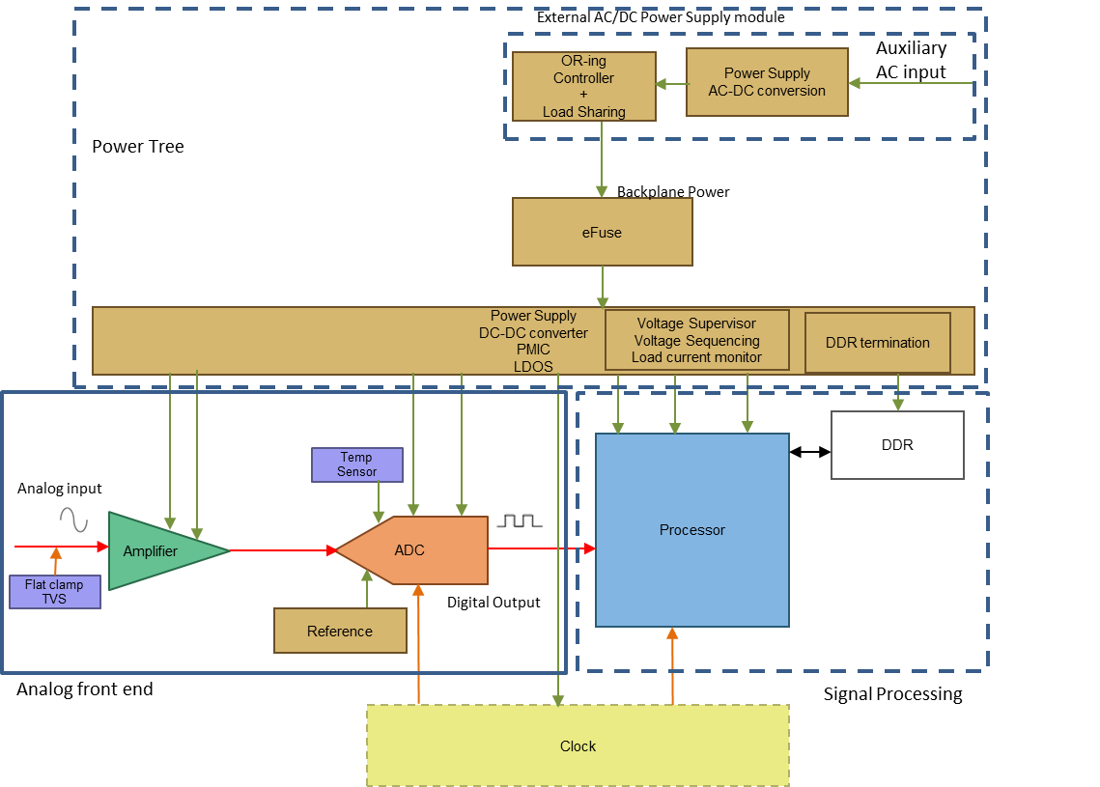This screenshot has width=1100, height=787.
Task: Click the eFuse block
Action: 602,232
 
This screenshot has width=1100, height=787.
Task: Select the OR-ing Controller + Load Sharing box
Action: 583,86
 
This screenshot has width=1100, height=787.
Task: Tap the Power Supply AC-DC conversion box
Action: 767,82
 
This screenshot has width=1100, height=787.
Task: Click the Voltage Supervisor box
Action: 696,340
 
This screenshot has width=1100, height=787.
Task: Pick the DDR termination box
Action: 877,343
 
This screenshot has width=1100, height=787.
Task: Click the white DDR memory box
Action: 897,445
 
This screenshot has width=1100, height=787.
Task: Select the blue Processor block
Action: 691,530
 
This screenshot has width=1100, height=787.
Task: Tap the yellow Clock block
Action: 578,745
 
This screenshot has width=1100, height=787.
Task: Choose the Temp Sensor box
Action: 356,464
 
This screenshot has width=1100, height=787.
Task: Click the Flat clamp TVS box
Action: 54,592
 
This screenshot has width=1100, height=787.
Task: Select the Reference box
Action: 340,631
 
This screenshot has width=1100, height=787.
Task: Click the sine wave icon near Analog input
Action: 74,520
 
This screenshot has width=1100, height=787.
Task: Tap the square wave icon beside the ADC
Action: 522,523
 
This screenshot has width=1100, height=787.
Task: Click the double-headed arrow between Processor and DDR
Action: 809,451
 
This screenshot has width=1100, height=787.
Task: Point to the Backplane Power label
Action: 673,192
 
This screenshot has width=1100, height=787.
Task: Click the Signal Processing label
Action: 892,693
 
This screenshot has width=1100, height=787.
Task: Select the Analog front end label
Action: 85,689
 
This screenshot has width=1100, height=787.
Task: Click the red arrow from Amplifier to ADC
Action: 282,550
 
